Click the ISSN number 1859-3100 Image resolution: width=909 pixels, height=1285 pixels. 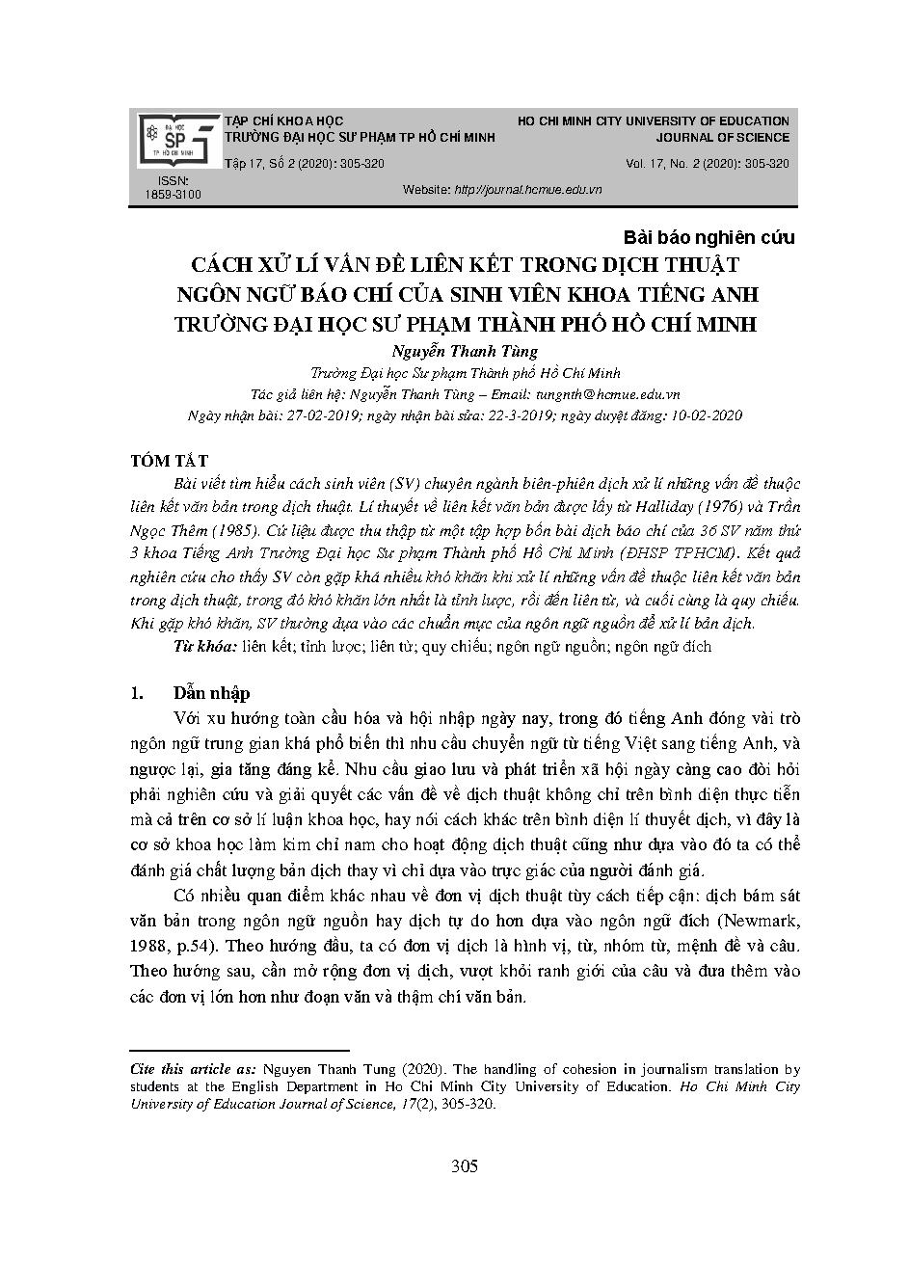click(x=173, y=195)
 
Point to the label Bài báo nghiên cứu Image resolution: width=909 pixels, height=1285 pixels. click(x=709, y=237)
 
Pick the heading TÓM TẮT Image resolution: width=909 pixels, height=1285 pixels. click(x=169, y=462)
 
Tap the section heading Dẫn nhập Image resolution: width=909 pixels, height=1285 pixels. click(x=211, y=693)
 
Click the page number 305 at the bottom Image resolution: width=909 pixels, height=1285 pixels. click(x=465, y=1167)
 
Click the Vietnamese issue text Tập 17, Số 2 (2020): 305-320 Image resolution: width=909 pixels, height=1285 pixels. click(x=304, y=164)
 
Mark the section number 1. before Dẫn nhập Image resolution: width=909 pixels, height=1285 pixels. click(x=137, y=693)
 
